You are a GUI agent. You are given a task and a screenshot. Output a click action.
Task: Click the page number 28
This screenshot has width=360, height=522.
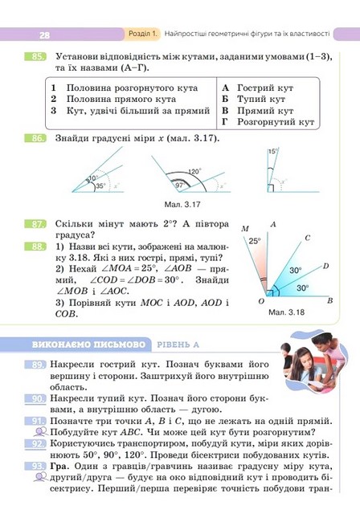click(x=43, y=35)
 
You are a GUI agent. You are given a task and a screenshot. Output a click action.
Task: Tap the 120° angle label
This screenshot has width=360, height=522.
click(x=194, y=172)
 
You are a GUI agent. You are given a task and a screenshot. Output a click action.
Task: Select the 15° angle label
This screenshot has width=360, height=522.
click(x=272, y=151)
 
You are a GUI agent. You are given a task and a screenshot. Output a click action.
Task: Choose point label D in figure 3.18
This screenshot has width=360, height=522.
click(x=325, y=264)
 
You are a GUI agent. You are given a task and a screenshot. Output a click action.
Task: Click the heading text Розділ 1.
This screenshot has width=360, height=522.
click(x=143, y=35)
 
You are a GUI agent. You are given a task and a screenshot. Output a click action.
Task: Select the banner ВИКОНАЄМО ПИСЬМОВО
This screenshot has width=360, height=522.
click(x=88, y=344)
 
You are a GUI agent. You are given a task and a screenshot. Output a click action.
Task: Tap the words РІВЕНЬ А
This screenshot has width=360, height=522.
click(x=177, y=344)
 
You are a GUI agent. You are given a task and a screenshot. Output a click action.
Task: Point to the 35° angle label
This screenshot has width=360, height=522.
click(x=100, y=186)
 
